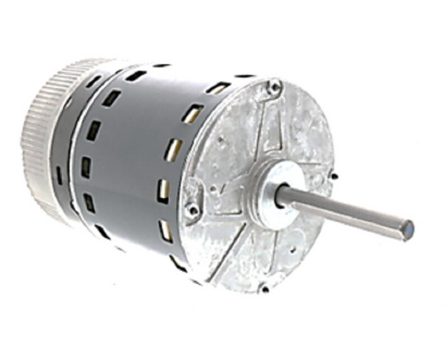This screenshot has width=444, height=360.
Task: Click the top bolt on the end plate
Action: click(x=274, y=87)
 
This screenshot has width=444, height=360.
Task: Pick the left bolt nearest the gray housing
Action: click(x=192, y=211)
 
